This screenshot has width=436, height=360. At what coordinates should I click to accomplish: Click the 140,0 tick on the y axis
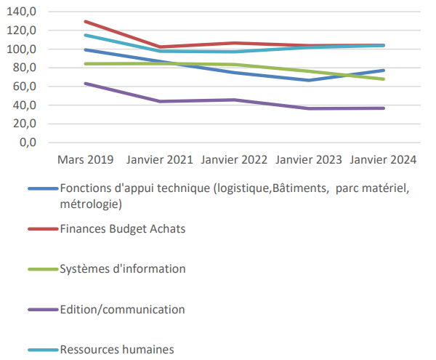click(x=22, y=12)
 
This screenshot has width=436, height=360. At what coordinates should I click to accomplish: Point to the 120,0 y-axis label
click(x=22, y=31)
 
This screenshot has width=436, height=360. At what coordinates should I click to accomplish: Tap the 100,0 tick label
click(x=22, y=49)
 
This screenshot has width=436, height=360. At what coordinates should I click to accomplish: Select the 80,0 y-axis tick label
click(x=24, y=68)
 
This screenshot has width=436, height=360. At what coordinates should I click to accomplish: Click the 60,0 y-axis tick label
click(x=24, y=87)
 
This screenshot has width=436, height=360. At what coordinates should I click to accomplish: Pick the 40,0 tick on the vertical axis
click(x=24, y=105)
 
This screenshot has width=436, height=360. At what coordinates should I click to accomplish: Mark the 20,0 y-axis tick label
click(x=24, y=124)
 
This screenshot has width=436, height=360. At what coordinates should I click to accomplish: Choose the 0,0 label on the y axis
click(x=27, y=142)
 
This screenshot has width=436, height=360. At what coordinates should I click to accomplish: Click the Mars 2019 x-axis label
click(x=86, y=159)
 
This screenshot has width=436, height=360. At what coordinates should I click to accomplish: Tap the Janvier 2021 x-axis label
click(x=160, y=159)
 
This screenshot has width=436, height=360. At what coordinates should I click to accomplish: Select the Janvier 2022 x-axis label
click(x=234, y=159)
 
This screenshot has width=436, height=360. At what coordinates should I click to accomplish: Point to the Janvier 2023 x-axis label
click(x=309, y=159)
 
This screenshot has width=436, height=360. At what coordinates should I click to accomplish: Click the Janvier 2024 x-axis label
click(x=383, y=159)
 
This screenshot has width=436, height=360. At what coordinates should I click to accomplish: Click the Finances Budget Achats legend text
click(x=123, y=229)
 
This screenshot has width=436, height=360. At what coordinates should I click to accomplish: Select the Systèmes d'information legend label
click(x=123, y=269)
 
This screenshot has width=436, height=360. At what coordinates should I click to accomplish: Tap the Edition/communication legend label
click(x=122, y=309)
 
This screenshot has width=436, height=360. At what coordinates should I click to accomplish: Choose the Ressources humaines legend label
click(x=117, y=349)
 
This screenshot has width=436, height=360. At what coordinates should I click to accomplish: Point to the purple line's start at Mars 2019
click(x=86, y=84)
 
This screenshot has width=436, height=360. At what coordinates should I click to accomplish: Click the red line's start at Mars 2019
click(x=86, y=22)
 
